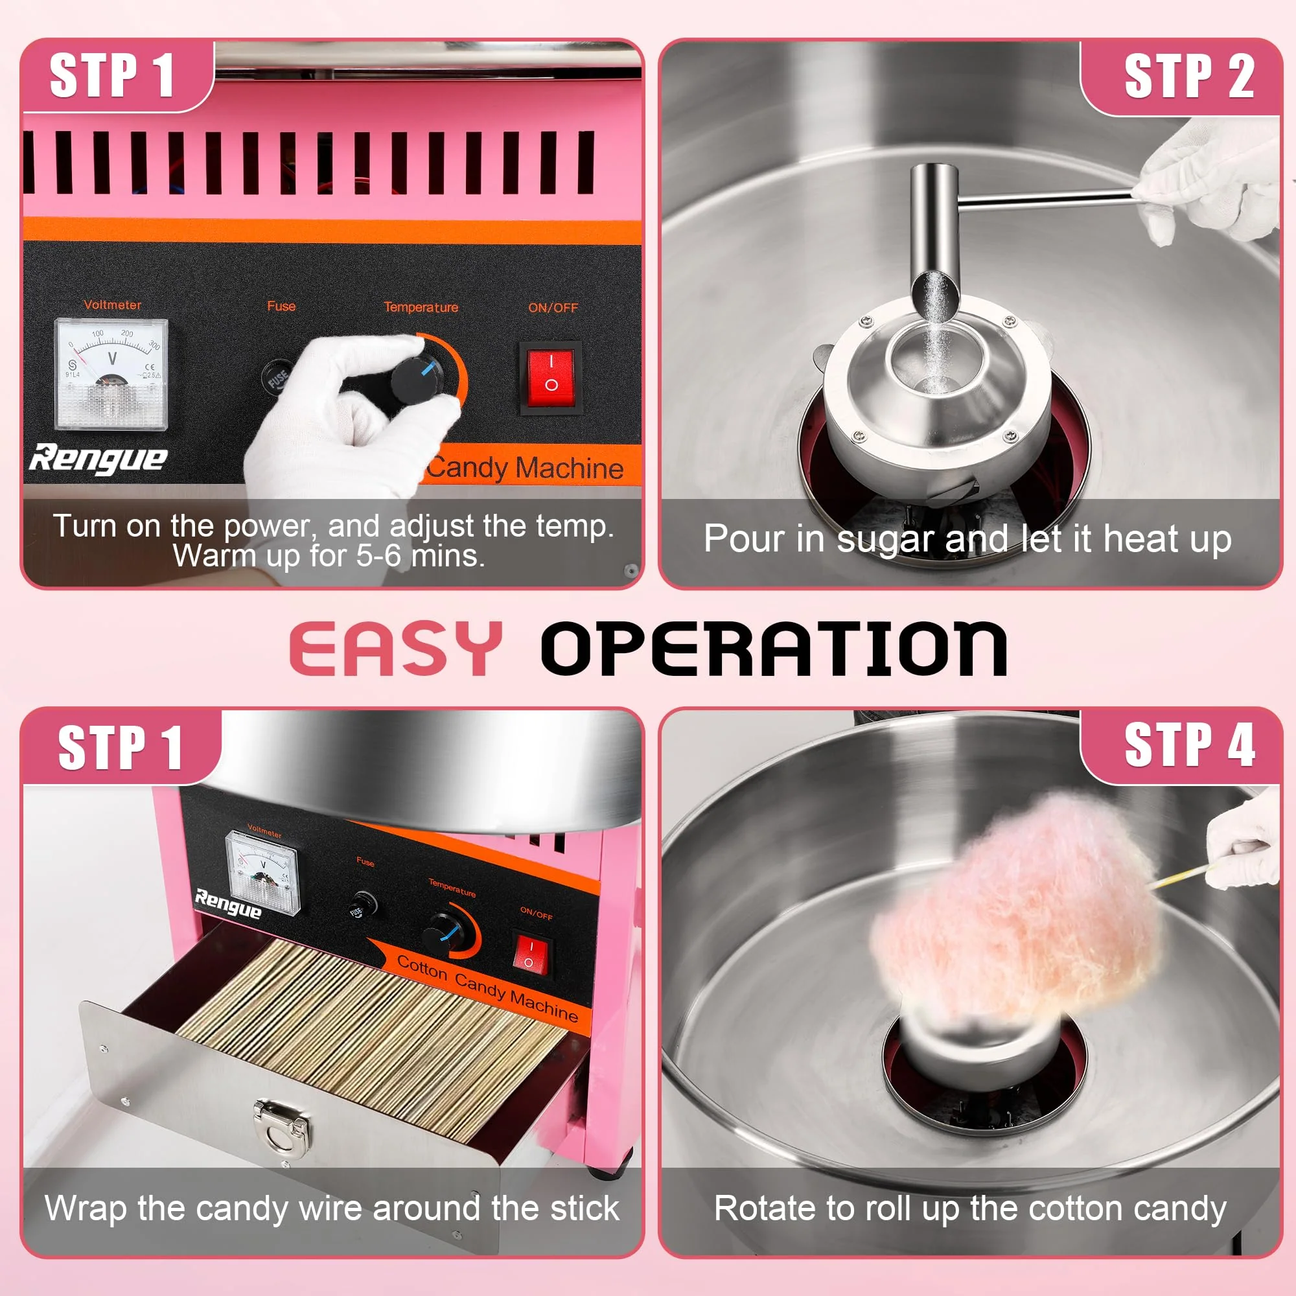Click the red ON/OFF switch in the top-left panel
pyautogui.click(x=551, y=378)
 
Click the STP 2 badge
pyautogui.click(x=1188, y=76)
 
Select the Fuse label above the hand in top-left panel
pyautogui.click(x=281, y=306)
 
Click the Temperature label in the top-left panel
pyautogui.click(x=421, y=307)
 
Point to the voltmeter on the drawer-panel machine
pyautogui.click(x=263, y=872)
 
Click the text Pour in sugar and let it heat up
pyautogui.click(x=967, y=539)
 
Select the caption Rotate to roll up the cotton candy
pyautogui.click(x=970, y=1208)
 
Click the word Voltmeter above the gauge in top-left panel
pyautogui.click(x=113, y=305)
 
